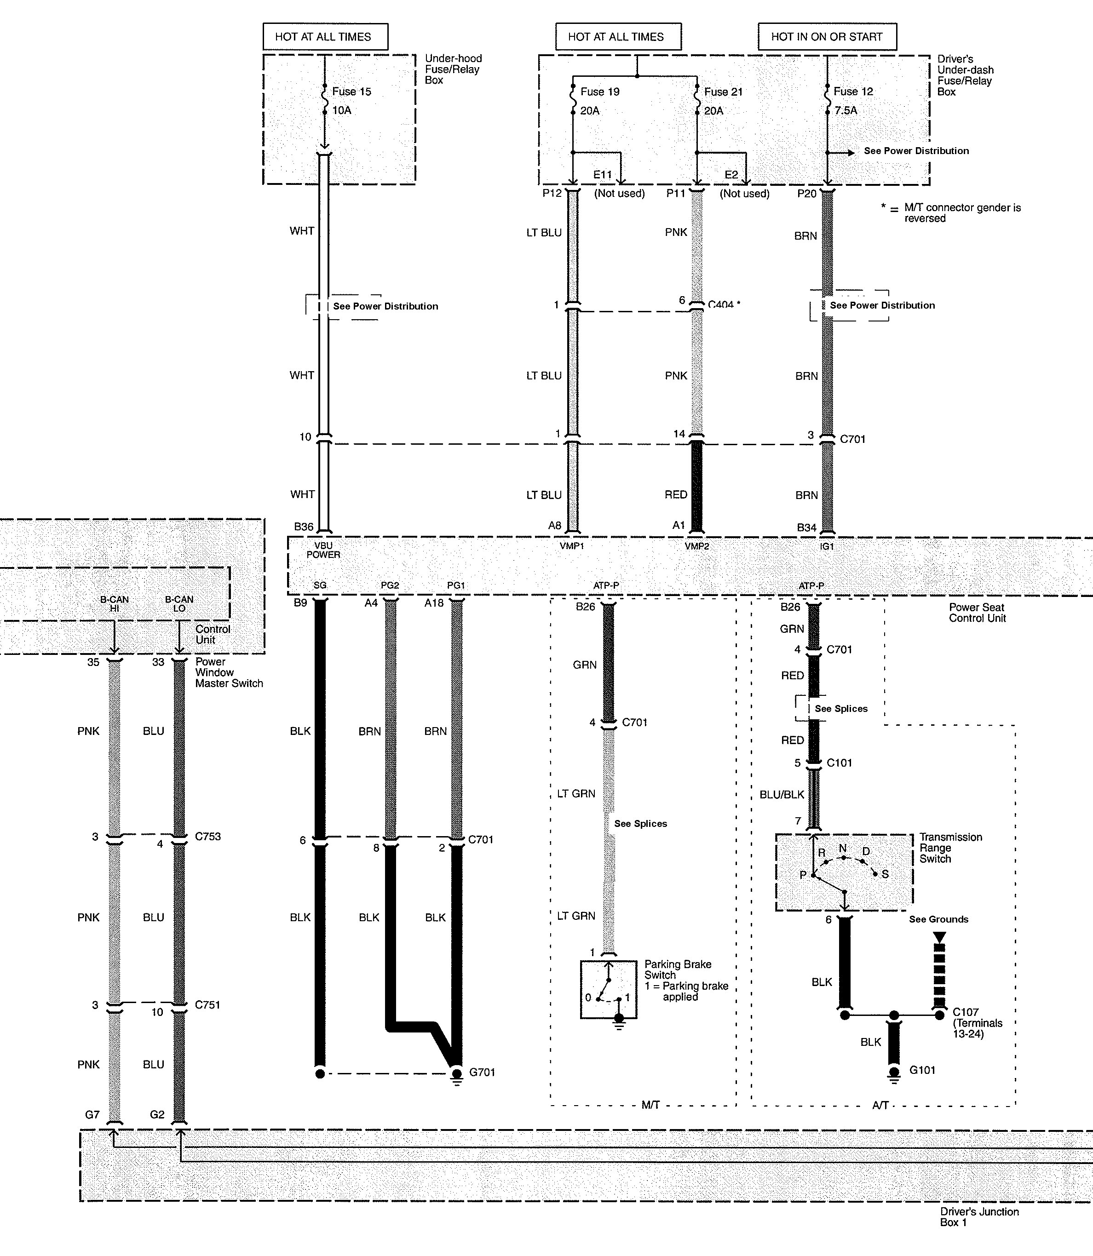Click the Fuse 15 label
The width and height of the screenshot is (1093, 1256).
[351, 92]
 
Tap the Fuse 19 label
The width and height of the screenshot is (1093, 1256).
[599, 92]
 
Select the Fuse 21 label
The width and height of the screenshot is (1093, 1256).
[724, 92]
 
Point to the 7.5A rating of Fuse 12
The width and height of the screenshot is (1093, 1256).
[846, 110]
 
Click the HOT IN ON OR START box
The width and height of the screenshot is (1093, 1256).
[827, 37]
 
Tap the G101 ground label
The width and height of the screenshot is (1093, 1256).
[922, 1070]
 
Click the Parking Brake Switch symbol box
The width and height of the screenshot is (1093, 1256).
[608, 990]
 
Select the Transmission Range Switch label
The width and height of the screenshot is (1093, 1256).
[950, 848]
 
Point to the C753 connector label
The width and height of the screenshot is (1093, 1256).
[208, 837]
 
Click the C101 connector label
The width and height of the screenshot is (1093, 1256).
[839, 763]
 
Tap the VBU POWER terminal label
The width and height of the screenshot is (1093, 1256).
[323, 550]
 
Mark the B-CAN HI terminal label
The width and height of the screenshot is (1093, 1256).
[115, 603]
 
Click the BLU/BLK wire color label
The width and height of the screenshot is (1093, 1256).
[782, 794]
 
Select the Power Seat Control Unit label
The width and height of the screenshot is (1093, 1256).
[977, 612]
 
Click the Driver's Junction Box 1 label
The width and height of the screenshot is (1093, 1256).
[979, 1216]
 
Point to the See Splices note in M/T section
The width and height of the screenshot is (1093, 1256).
[640, 823]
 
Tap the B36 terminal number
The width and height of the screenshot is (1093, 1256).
[304, 527]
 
